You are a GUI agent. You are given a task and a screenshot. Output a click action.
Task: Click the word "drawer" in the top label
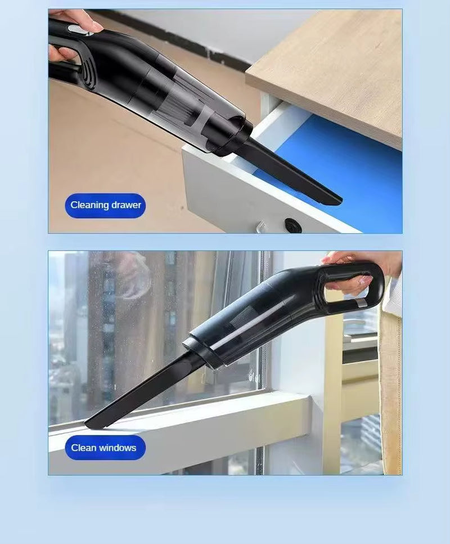pos(126,205)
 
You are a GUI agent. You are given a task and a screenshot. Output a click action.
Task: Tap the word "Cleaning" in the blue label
pos(89,205)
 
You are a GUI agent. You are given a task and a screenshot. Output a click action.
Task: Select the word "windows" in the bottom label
pos(118,448)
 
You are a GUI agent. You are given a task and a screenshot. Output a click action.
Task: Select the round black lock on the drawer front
pos(292,225)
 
